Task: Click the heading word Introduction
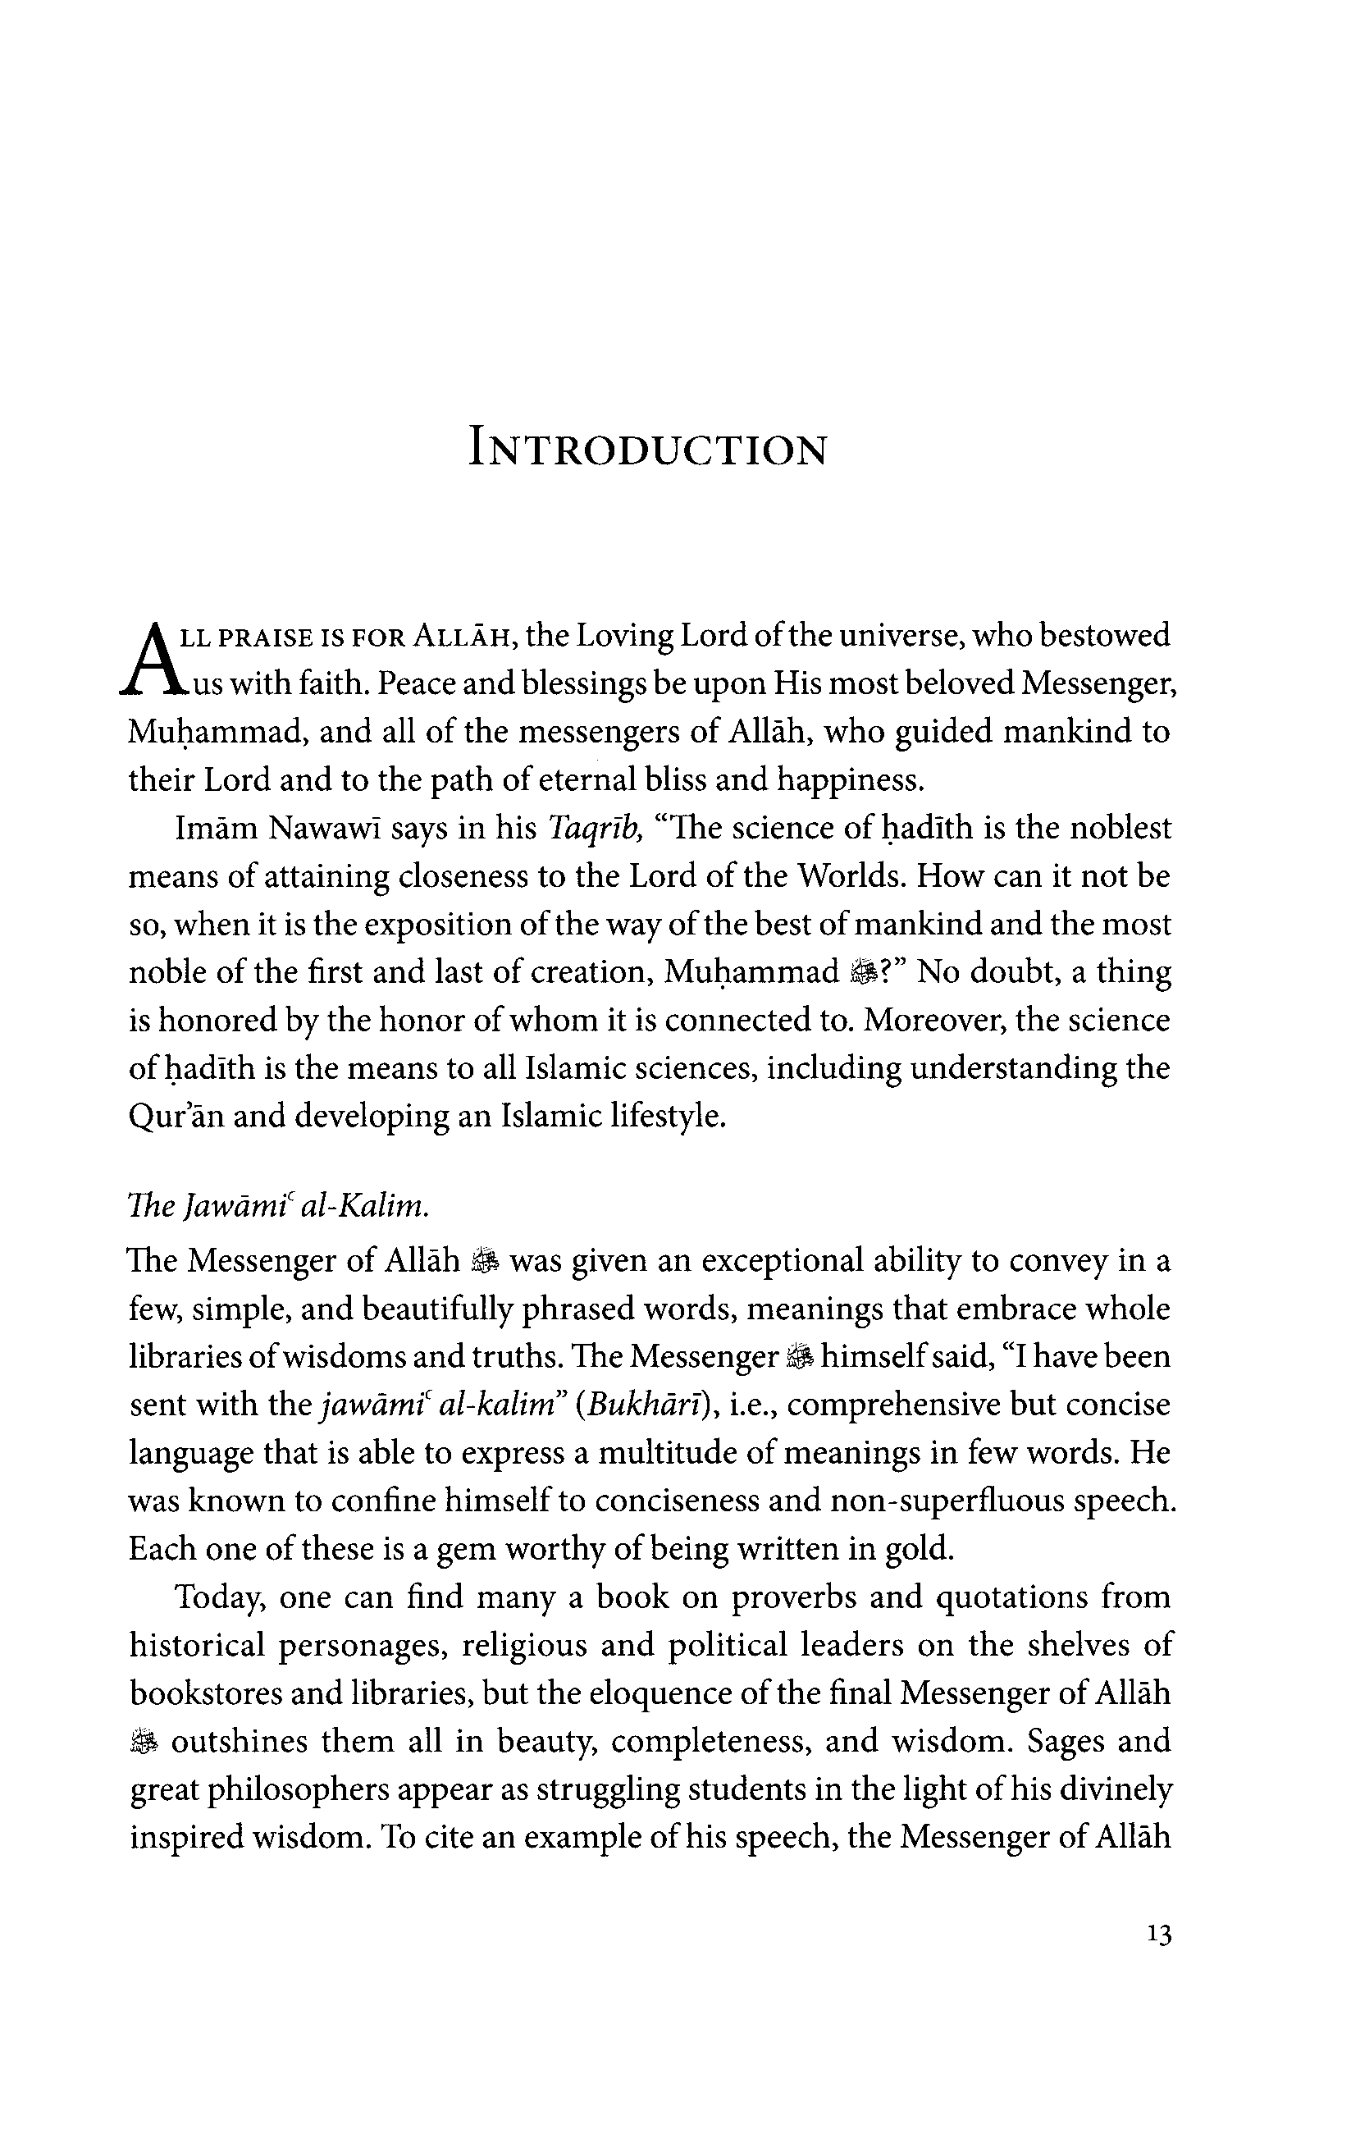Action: (x=648, y=450)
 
